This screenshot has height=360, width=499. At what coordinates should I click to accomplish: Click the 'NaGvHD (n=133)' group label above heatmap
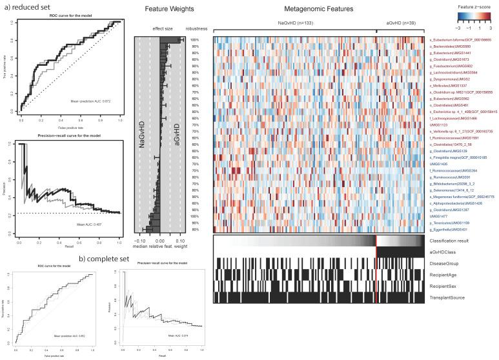(x=295, y=23)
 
